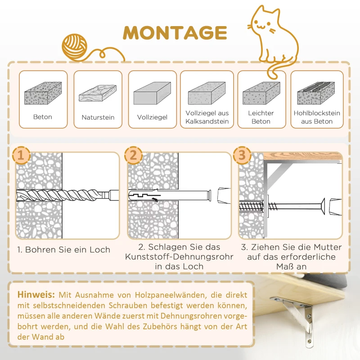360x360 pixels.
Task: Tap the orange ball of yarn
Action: pos(75,46)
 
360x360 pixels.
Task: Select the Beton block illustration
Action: pos(42,94)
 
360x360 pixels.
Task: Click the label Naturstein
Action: pos(98,117)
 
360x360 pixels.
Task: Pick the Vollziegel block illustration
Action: pos(152,94)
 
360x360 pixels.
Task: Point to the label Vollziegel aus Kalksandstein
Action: pos(207,117)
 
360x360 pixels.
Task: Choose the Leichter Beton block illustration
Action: pos(261,94)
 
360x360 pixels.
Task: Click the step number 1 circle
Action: pos(21,156)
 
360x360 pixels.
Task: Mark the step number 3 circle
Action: pos(243,156)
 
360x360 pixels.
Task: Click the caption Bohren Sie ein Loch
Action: pos(63,249)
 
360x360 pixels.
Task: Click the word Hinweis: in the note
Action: pos(36,295)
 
